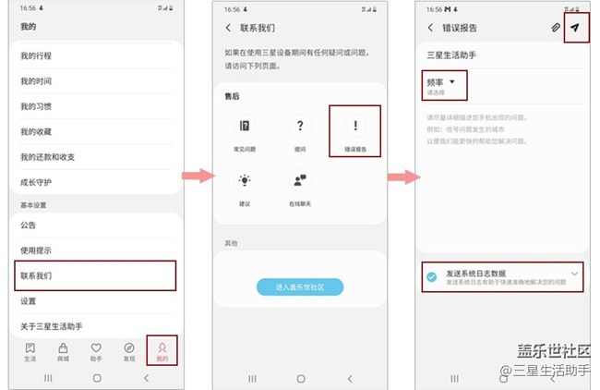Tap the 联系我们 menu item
coord(92,275)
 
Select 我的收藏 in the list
coord(92,132)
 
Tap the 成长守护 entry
coord(92,182)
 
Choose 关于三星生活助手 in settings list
coord(92,326)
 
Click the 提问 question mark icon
coord(301,127)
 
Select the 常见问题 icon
coord(246,127)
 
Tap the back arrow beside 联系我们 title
coord(228,28)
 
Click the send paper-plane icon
coord(574,28)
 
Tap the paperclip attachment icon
coord(555,28)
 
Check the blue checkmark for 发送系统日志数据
coord(432,276)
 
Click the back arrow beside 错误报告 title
coord(431,28)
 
